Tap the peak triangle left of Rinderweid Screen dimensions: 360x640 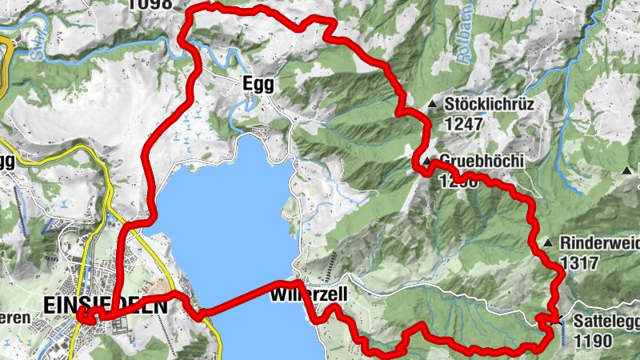click(x=547, y=242)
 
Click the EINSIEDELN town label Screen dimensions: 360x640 click(x=106, y=306)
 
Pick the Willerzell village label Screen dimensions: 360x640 click(x=309, y=295)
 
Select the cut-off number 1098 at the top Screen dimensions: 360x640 click(x=150, y=4)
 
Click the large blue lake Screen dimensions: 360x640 click(x=224, y=224)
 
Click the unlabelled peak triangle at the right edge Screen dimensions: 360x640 click(x=626, y=170)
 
